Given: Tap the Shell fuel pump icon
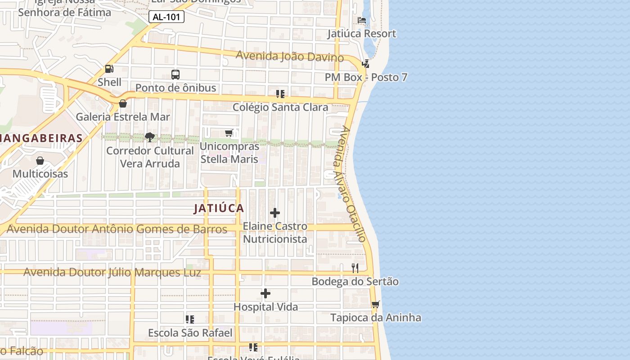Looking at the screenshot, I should [109, 69].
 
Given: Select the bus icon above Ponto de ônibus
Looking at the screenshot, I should [175, 75].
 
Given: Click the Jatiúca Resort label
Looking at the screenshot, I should [361, 34].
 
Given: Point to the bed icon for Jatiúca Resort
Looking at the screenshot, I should [361, 20].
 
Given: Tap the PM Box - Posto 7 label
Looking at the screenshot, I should [366, 77].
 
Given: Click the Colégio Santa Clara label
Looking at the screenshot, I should [280, 108].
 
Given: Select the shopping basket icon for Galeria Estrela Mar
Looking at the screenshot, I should [122, 104].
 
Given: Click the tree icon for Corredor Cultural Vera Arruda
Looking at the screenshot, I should [150, 137].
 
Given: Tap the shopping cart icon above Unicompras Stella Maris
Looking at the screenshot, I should [229, 133].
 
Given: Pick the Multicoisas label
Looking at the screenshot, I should [40, 174].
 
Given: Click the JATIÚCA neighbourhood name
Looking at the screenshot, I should [219, 208].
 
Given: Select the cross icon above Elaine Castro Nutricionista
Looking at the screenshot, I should [275, 213].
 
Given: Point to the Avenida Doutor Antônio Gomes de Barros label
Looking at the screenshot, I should [117, 229].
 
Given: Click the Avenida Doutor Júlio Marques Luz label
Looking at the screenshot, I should [112, 273].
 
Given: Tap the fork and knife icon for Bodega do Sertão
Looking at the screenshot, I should [355, 268].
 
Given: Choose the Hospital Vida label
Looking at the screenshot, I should [265, 307].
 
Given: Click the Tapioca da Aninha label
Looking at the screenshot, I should [375, 318].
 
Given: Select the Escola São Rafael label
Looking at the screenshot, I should [190, 333].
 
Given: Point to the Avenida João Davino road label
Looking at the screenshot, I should [289, 57].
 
